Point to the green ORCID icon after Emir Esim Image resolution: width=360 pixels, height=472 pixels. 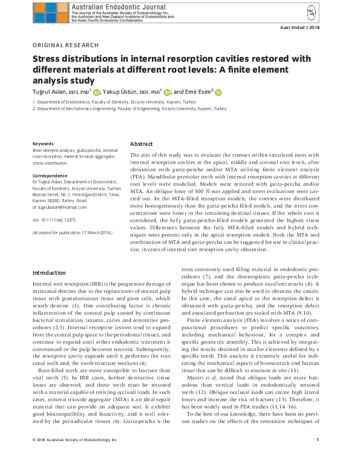[x=218, y=93]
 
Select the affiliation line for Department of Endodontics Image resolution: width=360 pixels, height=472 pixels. [x=115, y=103]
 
